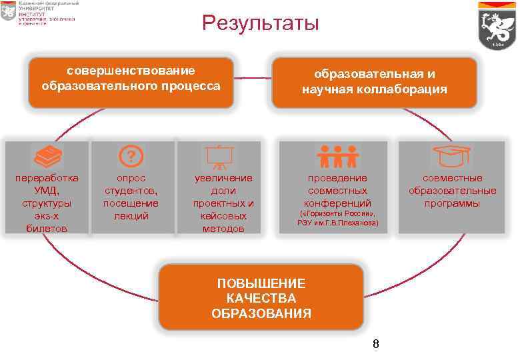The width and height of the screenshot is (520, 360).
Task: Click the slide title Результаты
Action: coord(261,25)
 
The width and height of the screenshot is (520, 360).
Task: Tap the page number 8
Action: coord(375,344)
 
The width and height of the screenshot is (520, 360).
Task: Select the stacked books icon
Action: coord(47,157)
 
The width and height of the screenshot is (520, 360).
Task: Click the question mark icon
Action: coord(131,157)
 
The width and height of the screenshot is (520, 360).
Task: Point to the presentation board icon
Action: coord(218,156)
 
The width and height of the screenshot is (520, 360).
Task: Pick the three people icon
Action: coord(337,156)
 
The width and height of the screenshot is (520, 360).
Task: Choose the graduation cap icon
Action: coord(451,156)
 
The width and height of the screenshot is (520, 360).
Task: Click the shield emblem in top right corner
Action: coord(497,29)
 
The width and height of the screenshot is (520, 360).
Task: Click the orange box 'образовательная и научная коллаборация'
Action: coord(374,82)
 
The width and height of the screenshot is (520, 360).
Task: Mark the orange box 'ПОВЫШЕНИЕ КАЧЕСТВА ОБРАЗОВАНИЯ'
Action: coord(261,298)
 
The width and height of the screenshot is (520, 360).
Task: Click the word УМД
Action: coord(47,191)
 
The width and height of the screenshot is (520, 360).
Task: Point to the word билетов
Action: coord(47,229)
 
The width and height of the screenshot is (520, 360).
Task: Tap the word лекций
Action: coord(131,216)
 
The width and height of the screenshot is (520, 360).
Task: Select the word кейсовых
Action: coord(223,216)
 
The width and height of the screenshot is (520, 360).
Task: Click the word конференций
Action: coord(337,203)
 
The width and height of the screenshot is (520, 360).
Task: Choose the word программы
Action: coord(452,203)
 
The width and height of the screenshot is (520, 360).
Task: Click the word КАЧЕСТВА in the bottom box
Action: coord(261,298)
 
